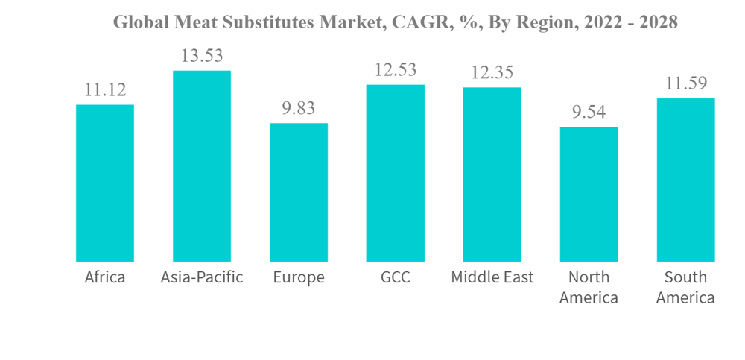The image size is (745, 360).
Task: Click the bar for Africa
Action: (x=105, y=183)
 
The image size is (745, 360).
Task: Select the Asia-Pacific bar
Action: (x=202, y=165)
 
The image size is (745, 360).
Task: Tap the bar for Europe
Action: (x=299, y=192)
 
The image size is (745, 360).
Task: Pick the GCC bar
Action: (x=396, y=173)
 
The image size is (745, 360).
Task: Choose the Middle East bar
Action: (x=492, y=174)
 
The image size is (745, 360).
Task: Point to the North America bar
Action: (x=589, y=194)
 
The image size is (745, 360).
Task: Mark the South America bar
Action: (x=686, y=180)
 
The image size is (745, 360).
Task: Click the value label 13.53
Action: (x=202, y=56)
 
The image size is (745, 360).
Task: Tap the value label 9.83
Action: (x=299, y=109)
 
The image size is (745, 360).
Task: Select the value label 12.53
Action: (x=396, y=70)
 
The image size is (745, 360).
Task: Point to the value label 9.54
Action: (x=589, y=113)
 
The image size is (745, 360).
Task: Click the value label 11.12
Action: (x=105, y=90)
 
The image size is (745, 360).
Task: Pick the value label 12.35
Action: (x=492, y=73)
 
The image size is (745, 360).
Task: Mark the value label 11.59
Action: (x=686, y=83)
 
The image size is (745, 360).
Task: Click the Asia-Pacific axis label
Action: (x=202, y=278)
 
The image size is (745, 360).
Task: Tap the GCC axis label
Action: (x=396, y=278)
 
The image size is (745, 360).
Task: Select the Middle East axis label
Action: (x=492, y=278)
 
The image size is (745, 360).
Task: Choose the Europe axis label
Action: (x=299, y=278)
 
